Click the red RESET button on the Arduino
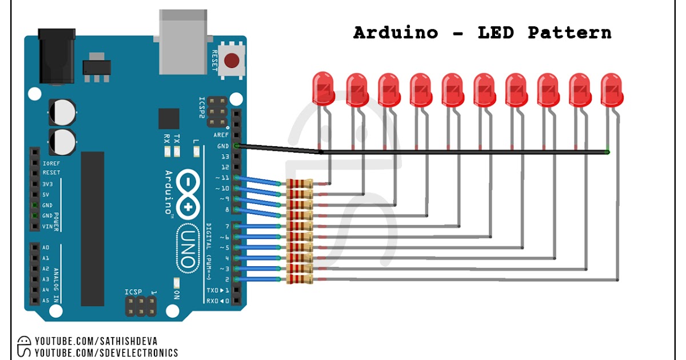coord(232,61)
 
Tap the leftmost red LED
coord(323,89)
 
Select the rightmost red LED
coord(612,89)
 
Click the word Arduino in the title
coord(395,33)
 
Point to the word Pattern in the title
coord(569,33)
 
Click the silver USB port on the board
coord(182,43)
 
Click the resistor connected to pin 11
coord(300,183)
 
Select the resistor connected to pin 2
coord(300,279)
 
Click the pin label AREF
coord(221,135)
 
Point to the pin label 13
coord(224,157)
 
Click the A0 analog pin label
coord(46,247)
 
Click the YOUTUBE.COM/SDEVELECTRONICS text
coord(106,353)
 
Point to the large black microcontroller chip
coord(93,229)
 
